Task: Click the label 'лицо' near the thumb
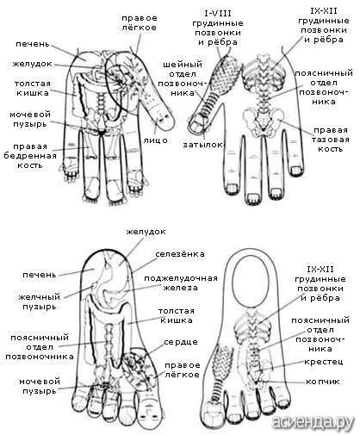click(155, 140)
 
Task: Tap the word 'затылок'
click(202, 145)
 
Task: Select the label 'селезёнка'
click(180, 254)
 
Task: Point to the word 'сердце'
click(181, 343)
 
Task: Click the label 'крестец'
click(324, 362)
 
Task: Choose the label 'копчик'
click(323, 382)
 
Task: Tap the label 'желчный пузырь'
click(40, 301)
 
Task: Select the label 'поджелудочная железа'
click(181, 283)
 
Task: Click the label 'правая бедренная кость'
click(30, 156)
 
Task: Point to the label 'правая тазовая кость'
click(331, 140)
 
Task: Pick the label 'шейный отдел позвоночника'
click(183, 78)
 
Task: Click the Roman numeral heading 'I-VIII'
click(218, 14)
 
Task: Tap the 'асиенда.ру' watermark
click(313, 422)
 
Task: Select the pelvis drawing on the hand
click(264, 120)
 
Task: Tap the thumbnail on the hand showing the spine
click(198, 126)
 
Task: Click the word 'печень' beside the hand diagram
click(33, 45)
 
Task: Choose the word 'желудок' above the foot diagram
click(146, 232)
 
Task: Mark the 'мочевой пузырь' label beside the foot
click(40, 386)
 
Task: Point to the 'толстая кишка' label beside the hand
click(33, 88)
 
